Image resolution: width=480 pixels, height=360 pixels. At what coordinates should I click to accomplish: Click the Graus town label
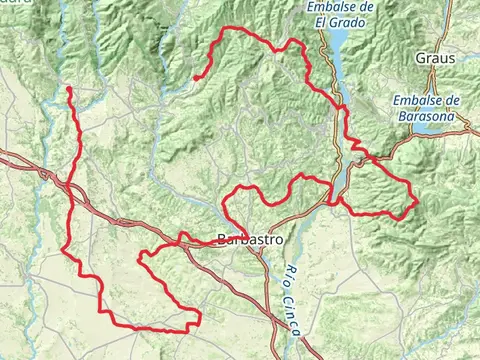(x=436, y=59)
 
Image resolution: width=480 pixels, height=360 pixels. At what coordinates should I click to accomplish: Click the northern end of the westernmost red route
(x=69, y=89)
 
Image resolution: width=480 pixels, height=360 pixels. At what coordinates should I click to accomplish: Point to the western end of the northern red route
(x=197, y=77)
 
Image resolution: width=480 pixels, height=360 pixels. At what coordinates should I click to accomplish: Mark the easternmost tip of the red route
(x=416, y=203)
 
